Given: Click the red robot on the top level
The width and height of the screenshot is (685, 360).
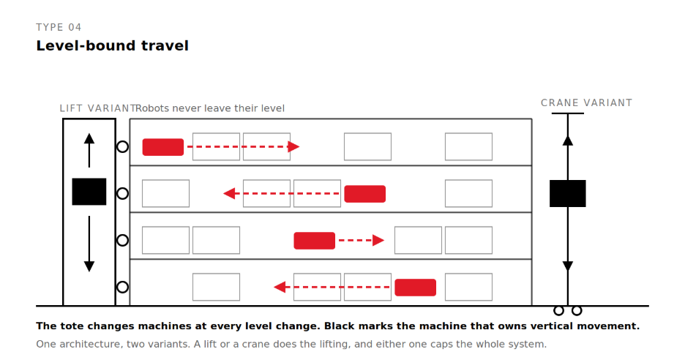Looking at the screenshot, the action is tap(163, 147).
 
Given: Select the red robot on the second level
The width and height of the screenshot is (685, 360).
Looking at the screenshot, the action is tap(364, 194).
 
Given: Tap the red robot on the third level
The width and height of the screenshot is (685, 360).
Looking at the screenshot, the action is tap(315, 240).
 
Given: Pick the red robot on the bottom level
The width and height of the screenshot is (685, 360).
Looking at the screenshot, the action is tap(416, 287).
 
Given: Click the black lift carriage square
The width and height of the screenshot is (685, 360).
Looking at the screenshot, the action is tap(89, 192).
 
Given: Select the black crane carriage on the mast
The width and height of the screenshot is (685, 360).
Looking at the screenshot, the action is tap(567, 193).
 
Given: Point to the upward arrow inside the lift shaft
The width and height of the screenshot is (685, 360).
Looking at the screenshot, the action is tap(89, 150).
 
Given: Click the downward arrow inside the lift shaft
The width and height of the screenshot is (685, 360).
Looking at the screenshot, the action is tap(89, 244).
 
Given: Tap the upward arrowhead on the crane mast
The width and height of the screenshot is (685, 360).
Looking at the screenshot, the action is tap(567, 140).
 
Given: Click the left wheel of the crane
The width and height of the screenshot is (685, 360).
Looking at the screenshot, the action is tap(558, 311).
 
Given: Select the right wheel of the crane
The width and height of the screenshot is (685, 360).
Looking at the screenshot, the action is tap(577, 311).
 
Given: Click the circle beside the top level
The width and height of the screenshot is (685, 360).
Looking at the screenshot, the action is tap(123, 147).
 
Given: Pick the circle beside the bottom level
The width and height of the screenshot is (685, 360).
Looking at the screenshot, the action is tap(123, 287).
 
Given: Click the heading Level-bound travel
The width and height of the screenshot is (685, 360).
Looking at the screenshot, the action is tap(112, 45).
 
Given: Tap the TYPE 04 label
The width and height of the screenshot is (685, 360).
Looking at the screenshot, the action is tap(59, 27).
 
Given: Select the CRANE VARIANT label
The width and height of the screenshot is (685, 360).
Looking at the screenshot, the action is tap(586, 102).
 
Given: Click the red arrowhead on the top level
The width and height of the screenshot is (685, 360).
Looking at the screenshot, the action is tap(294, 147).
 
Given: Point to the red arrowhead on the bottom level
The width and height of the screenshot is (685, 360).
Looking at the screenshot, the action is tap(280, 287).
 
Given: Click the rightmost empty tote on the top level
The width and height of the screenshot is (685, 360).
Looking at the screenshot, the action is tap(469, 147).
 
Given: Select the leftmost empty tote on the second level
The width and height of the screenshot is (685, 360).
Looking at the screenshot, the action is tap(165, 194).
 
